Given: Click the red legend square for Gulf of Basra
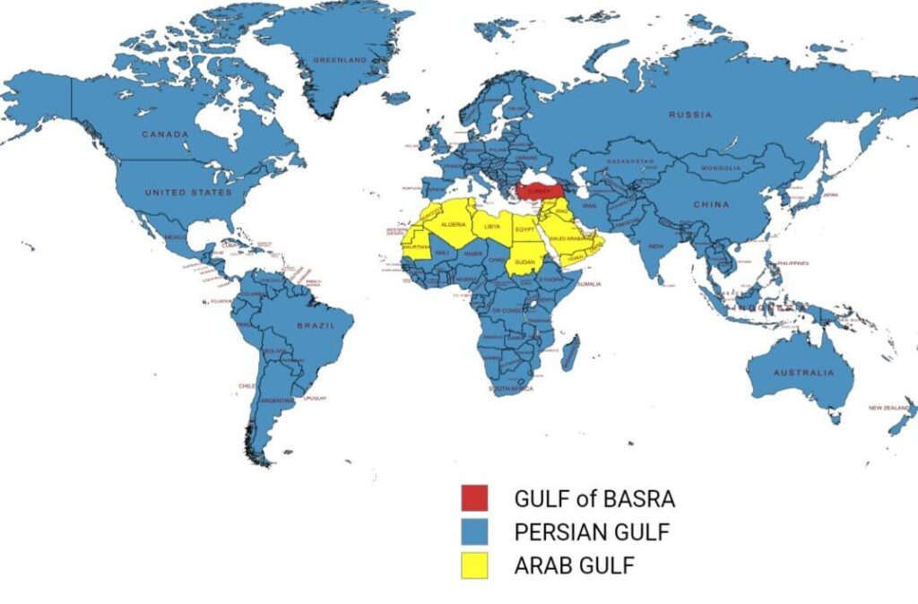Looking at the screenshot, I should coord(474,497).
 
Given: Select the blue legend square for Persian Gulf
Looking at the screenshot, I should coord(474,531).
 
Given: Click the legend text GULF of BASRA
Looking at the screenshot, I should coord(593,497).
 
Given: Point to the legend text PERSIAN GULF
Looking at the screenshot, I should coord(592,531).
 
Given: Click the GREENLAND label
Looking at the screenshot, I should coord(340,60).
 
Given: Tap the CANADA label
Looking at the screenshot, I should coord(165,134).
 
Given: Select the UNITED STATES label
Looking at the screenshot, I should coord(188,193).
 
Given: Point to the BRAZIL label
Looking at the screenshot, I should coord(316,326).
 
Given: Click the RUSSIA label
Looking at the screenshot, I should coord(690,115).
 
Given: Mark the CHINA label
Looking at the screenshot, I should coord(711,204).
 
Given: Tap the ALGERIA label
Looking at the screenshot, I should coord(454,224).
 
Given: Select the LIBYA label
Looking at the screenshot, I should coord(492,227).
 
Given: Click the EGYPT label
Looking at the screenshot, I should coord(524,229).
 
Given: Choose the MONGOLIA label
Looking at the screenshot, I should coord(719,168).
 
